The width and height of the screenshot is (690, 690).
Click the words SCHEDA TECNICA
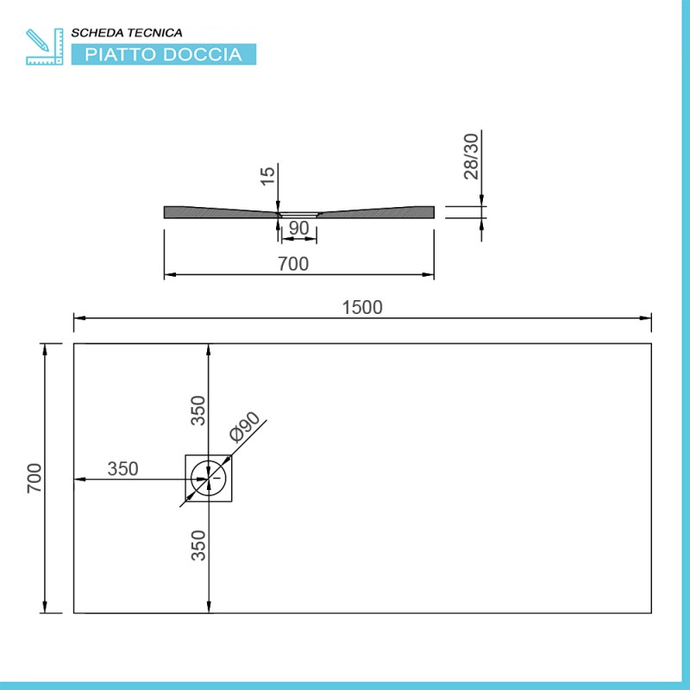[x=126, y=33]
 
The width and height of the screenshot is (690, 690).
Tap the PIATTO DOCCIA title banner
[x=162, y=54]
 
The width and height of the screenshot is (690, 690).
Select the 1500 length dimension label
[x=361, y=307]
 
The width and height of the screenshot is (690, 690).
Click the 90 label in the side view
[x=298, y=229]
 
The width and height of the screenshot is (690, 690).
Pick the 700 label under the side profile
[x=293, y=264]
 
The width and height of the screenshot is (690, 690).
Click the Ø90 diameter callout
[x=245, y=428]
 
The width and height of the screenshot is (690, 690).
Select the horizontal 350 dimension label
[x=123, y=469]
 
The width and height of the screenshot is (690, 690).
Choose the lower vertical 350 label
[x=199, y=545]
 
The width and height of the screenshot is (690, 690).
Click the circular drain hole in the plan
[x=208, y=478]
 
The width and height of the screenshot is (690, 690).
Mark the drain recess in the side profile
[x=298, y=213]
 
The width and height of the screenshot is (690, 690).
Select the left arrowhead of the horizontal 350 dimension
[x=78, y=478]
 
